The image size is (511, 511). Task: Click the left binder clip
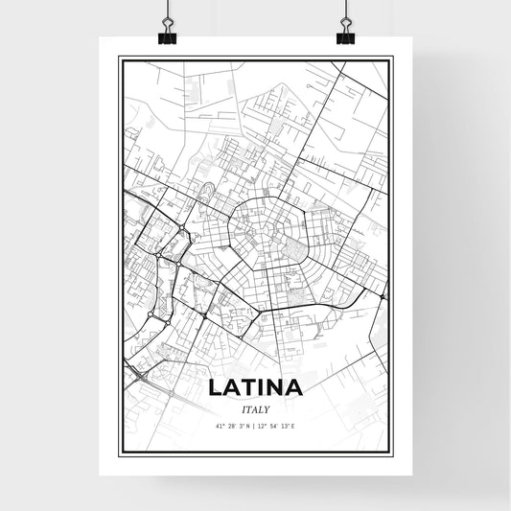click(x=167, y=35)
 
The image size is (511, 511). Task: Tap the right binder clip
click(x=345, y=35)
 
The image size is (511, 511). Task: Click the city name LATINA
click(x=255, y=388)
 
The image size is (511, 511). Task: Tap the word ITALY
click(x=255, y=408)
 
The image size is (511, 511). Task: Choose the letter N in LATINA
click(x=276, y=388)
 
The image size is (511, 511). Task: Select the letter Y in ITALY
click(x=267, y=408)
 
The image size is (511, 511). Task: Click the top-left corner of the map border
click(x=119, y=58)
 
